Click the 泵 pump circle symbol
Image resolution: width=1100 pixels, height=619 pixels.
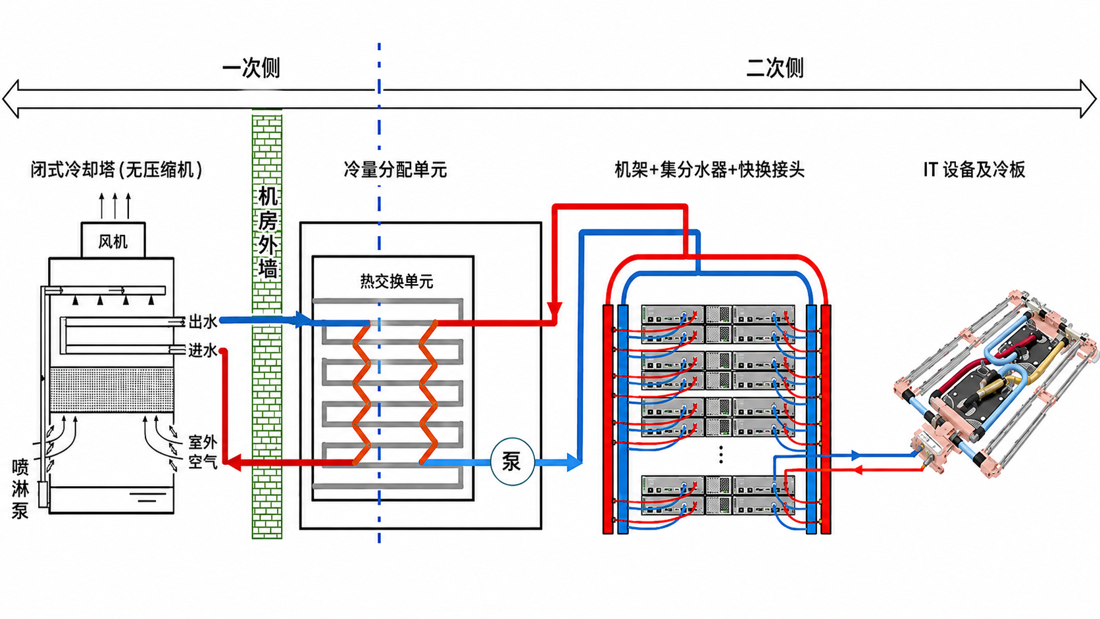coord(512,461)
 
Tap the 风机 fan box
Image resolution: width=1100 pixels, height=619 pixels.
coord(113,240)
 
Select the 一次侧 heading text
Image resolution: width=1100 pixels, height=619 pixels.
coord(251,68)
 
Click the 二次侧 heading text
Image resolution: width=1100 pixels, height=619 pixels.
coord(775,68)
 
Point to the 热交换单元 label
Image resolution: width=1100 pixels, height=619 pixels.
coord(397,282)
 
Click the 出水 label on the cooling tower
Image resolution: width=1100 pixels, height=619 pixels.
coord(203,322)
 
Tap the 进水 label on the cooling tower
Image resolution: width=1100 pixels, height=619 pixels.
coord(203,350)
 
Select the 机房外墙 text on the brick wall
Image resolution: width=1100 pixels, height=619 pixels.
coord(268,232)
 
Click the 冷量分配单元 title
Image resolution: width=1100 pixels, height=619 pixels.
coord(395,170)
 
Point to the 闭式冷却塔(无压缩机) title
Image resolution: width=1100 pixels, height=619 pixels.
coord(117,170)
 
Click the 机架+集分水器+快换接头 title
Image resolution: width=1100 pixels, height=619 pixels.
coord(710,170)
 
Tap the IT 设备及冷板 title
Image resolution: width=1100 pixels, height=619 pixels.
coord(974,170)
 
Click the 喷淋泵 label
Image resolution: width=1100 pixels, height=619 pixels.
coord(20,489)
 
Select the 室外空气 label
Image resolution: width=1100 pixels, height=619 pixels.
coord(203,452)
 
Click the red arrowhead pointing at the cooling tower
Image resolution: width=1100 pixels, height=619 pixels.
coord(233,462)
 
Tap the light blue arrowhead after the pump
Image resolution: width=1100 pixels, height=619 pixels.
coord(574,462)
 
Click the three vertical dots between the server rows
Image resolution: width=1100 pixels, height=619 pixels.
coord(721,455)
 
